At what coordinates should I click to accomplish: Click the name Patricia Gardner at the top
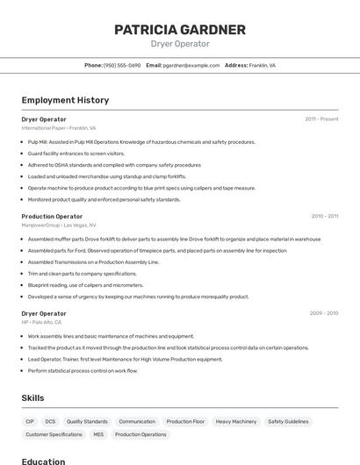pos(180,30)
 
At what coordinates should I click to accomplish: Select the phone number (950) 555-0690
pos(122,65)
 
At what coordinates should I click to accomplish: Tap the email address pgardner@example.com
pos(191,65)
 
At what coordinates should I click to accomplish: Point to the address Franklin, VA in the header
pos(262,65)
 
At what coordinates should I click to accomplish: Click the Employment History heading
pos(65,100)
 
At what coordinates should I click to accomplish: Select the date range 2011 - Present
pos(321,118)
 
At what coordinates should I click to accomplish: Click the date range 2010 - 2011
pos(324,216)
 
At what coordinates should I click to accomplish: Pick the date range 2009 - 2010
pos(323,313)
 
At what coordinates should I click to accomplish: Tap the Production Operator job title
pos(52,216)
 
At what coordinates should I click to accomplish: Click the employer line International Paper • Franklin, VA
pos(59,128)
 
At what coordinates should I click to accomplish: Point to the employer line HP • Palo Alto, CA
pos(41,323)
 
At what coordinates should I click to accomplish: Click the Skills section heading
pos(32,397)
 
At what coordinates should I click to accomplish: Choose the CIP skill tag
pos(30,421)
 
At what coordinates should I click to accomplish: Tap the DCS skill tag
pos(50,421)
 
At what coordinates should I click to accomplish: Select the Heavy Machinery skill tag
pos(236,421)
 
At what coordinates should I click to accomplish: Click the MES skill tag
pos(98,434)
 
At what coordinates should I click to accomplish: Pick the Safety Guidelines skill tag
pos(288,421)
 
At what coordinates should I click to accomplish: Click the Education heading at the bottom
pos(43,461)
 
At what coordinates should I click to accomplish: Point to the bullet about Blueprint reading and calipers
pos(85,285)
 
